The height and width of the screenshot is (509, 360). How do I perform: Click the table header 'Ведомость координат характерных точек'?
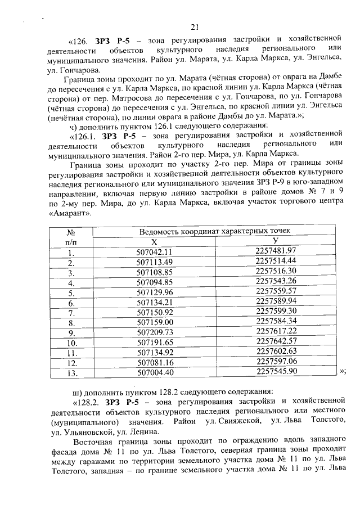click(215, 231)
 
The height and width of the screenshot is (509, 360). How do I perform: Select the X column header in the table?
click(154, 241)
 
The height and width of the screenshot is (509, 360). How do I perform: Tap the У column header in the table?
click(276, 241)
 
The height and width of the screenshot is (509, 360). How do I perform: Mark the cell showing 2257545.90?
click(276, 372)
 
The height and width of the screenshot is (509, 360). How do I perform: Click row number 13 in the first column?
click(71, 372)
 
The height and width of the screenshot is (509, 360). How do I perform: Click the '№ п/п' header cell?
click(71, 236)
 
